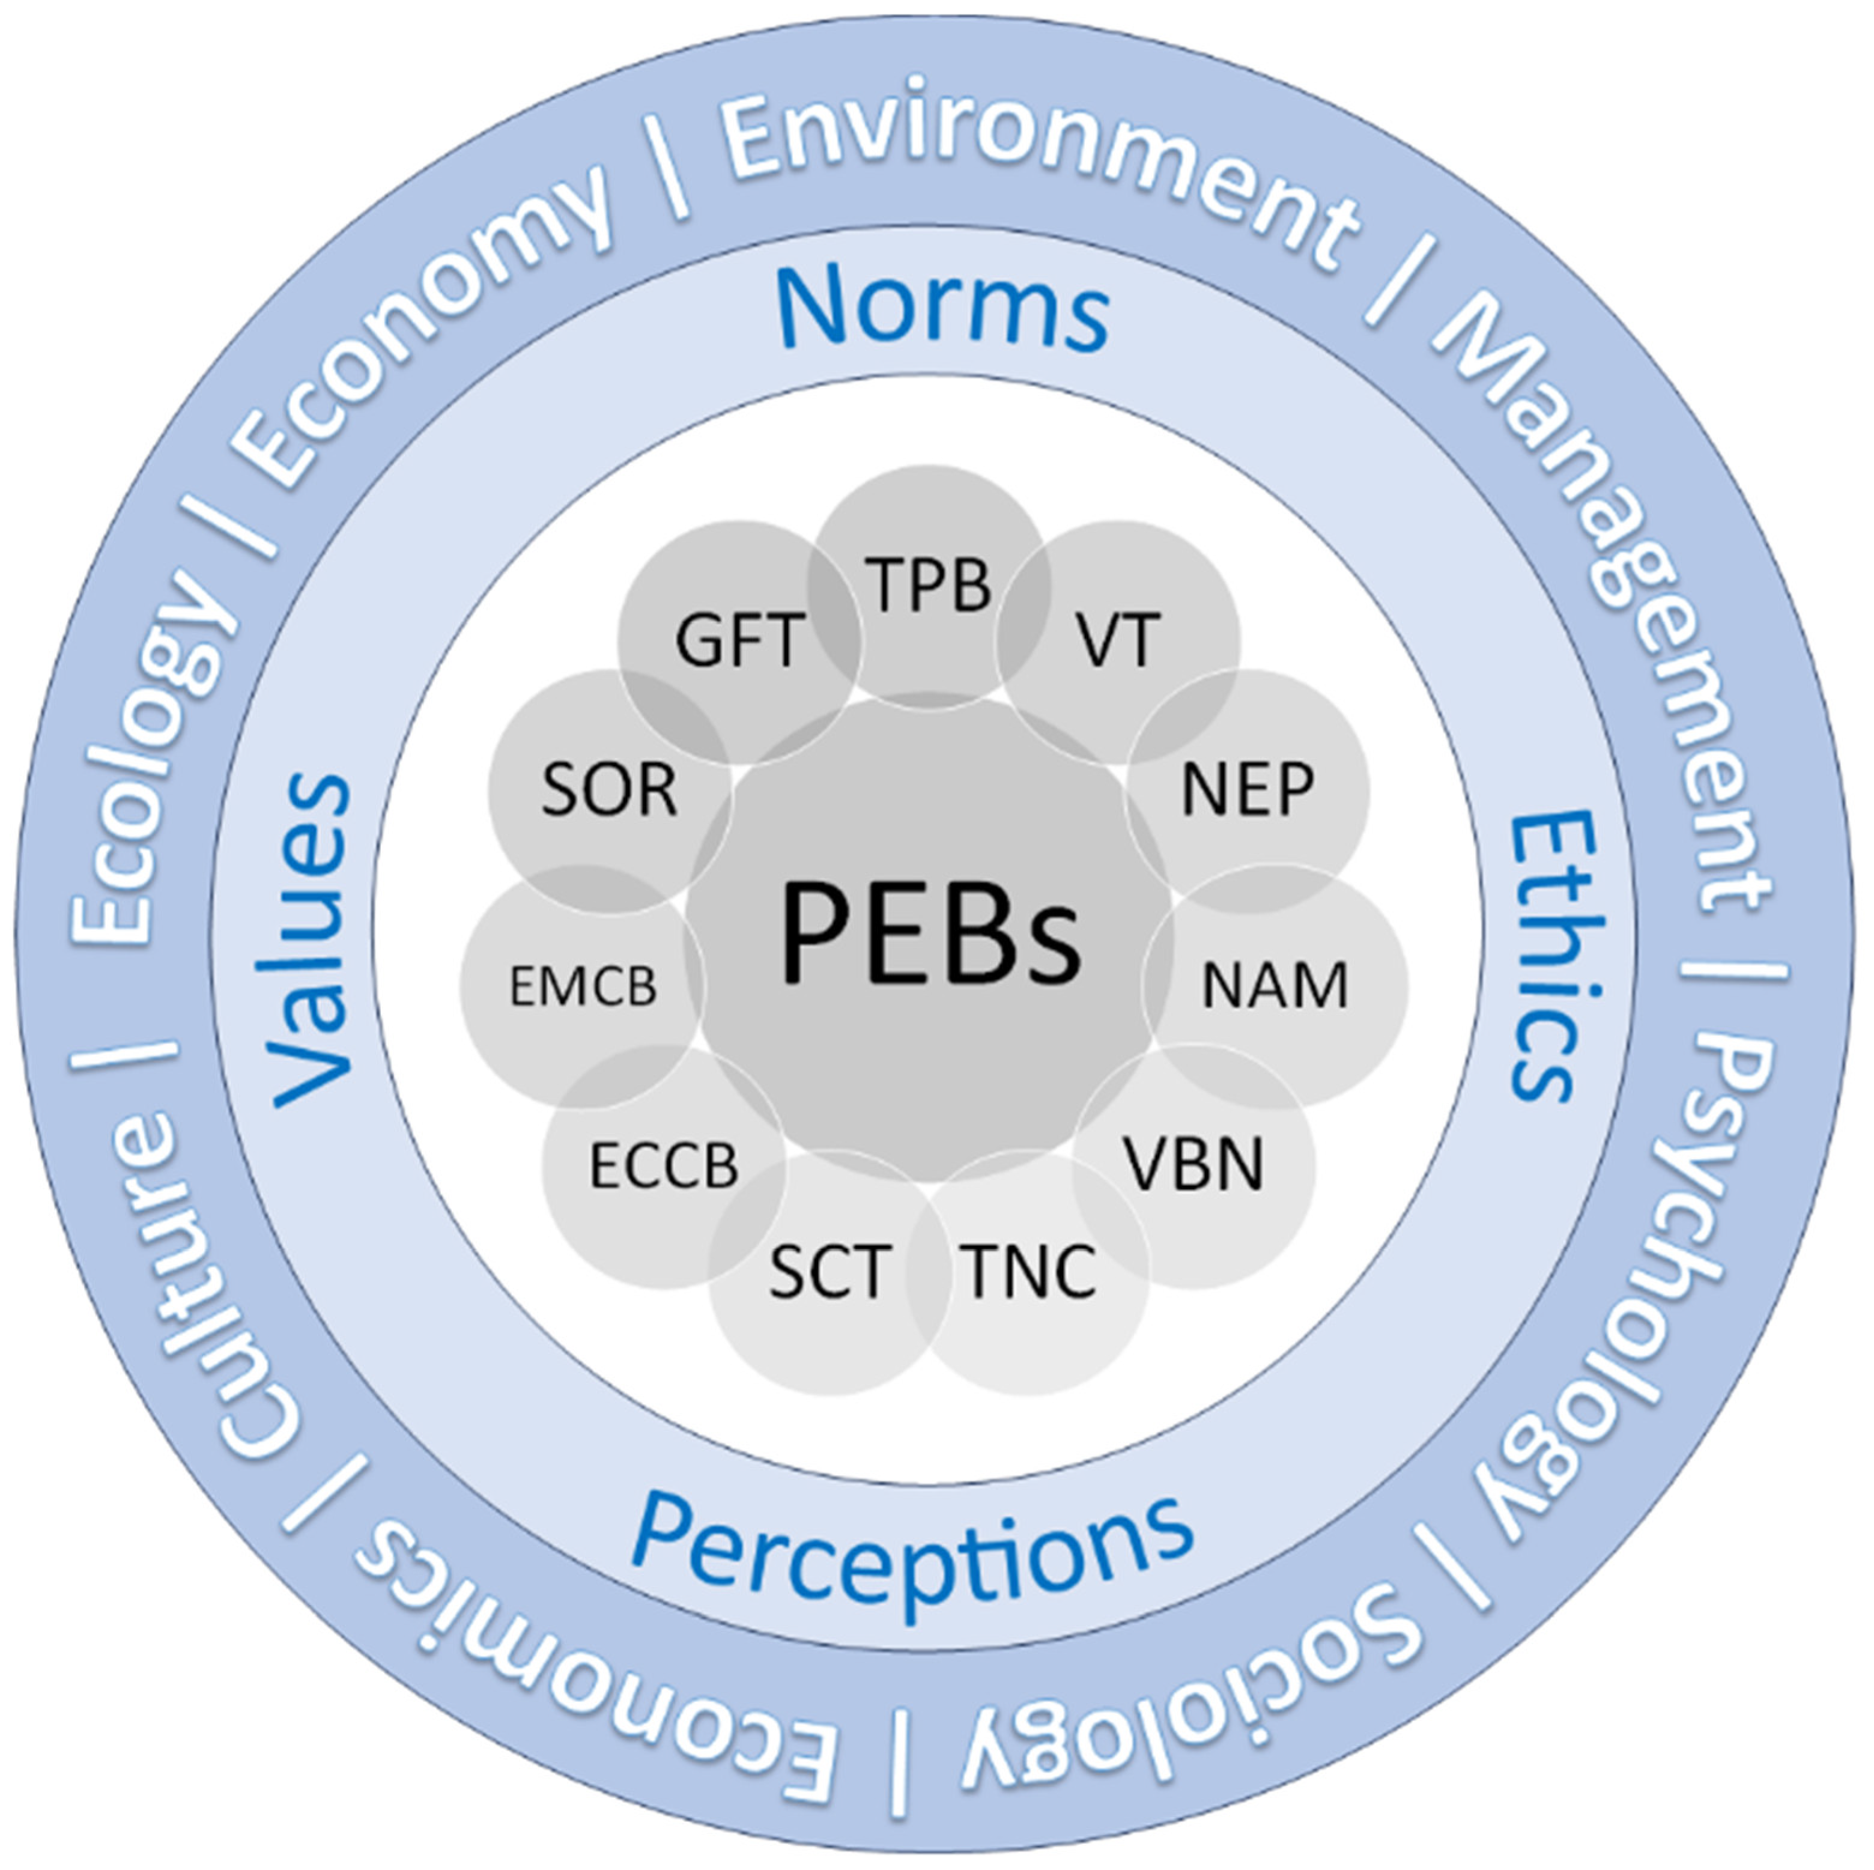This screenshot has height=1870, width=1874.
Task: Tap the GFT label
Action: [740, 640]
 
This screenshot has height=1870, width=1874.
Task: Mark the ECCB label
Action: [664, 1166]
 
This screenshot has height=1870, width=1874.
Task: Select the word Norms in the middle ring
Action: [943, 308]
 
